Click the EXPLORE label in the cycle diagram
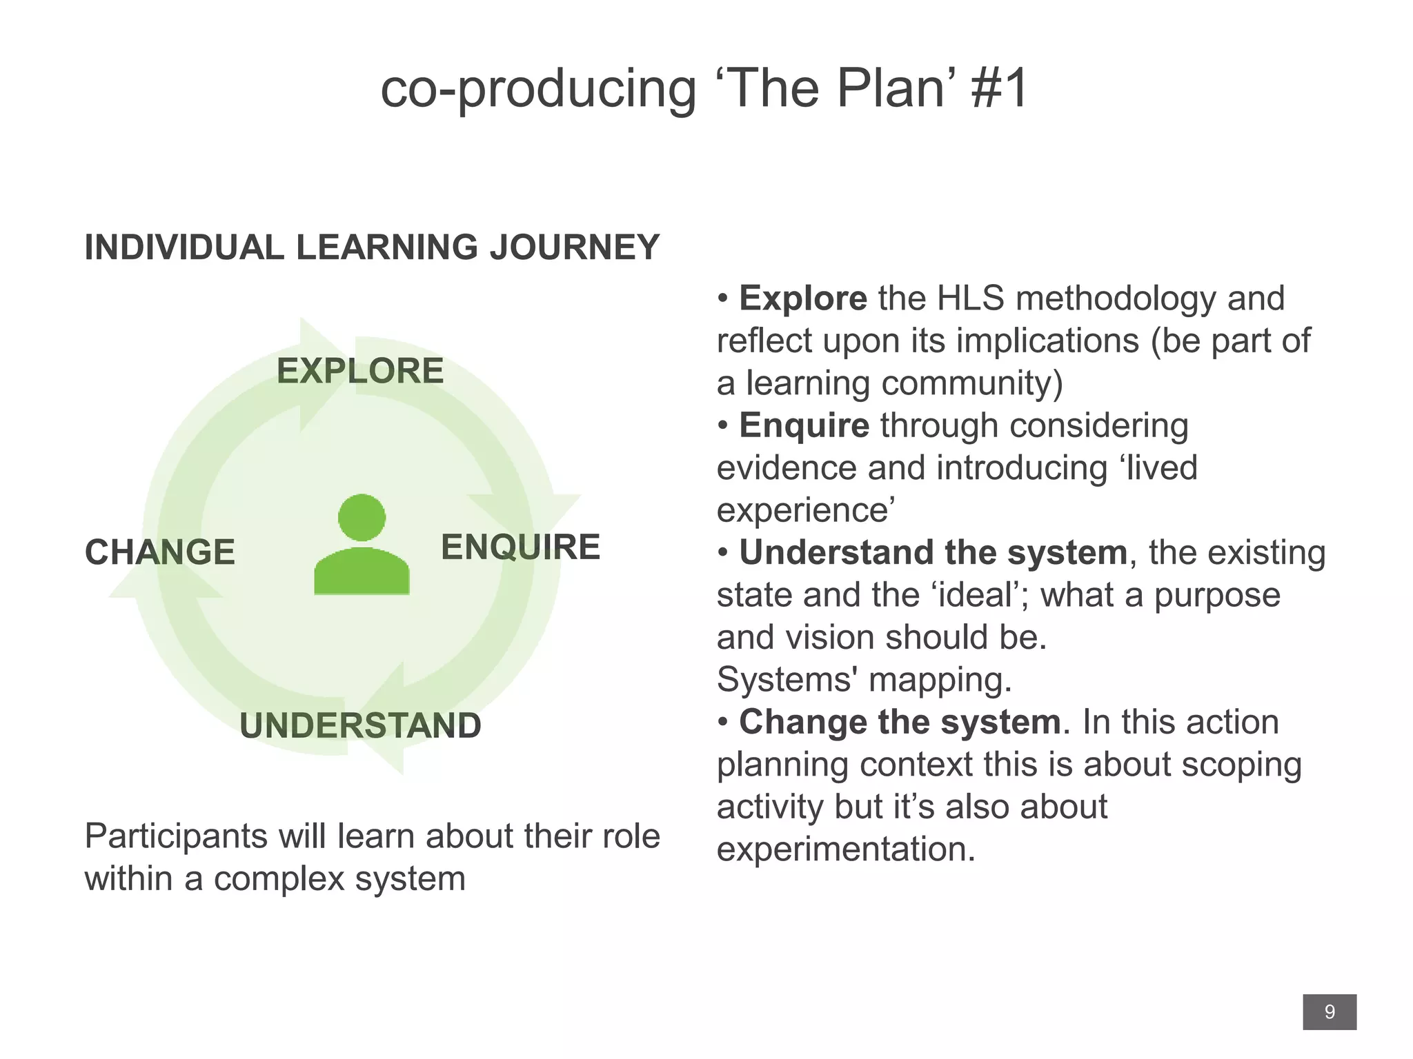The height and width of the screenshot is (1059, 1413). pos(360,371)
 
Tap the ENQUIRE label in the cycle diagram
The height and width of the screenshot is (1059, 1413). pos(520,547)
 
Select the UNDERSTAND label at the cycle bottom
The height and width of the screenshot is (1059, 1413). pos(360,725)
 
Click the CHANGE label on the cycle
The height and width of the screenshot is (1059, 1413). pos(160,552)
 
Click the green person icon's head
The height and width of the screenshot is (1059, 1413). pos(362,518)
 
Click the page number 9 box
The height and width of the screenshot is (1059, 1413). pos(1329,1012)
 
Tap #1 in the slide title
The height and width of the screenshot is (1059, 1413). pos(999,89)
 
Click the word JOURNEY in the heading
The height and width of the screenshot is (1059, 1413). pos(575,248)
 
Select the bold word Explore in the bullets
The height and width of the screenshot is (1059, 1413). pos(802,299)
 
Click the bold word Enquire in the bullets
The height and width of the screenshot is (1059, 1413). pos(804,425)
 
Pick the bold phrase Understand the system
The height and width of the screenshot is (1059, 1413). pos(933,553)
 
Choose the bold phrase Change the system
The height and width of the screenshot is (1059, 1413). pos(900,722)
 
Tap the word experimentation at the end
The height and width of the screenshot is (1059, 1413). pos(845,849)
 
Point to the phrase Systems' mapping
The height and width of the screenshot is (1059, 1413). pos(864,680)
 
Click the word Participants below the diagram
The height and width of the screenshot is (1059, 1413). pos(175,836)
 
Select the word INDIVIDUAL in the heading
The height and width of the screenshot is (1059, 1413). pos(184,248)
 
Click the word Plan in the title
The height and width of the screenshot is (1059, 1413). pos(890,89)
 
